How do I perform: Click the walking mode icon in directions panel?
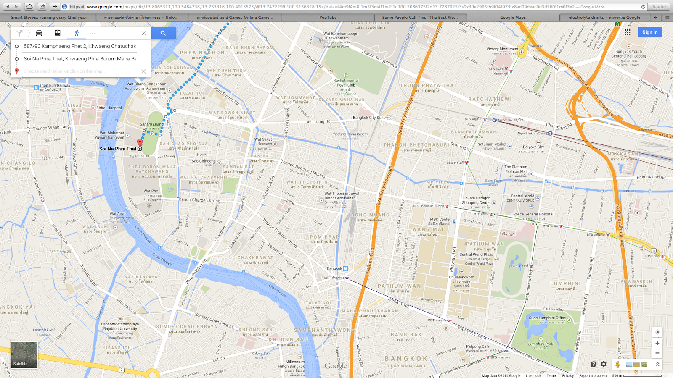(77, 33)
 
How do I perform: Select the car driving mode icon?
(39, 33)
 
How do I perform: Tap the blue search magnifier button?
(163, 33)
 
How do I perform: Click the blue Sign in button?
(649, 32)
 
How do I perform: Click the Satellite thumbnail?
(24, 355)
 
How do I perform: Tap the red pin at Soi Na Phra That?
(140, 143)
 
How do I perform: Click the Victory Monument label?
(502, 49)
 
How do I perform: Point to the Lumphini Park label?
(541, 344)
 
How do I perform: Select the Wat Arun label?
(117, 214)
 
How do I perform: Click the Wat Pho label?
(151, 191)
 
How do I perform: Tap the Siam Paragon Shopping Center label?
(478, 200)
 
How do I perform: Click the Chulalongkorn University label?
(461, 279)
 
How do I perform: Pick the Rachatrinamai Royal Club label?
(346, 83)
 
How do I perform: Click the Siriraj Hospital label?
(109, 108)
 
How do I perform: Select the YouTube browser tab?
(328, 18)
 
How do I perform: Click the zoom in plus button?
(657, 343)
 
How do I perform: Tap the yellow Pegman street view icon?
(617, 364)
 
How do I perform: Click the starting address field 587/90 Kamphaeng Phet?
(79, 46)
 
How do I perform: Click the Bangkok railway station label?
(334, 268)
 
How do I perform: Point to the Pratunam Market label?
(491, 144)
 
